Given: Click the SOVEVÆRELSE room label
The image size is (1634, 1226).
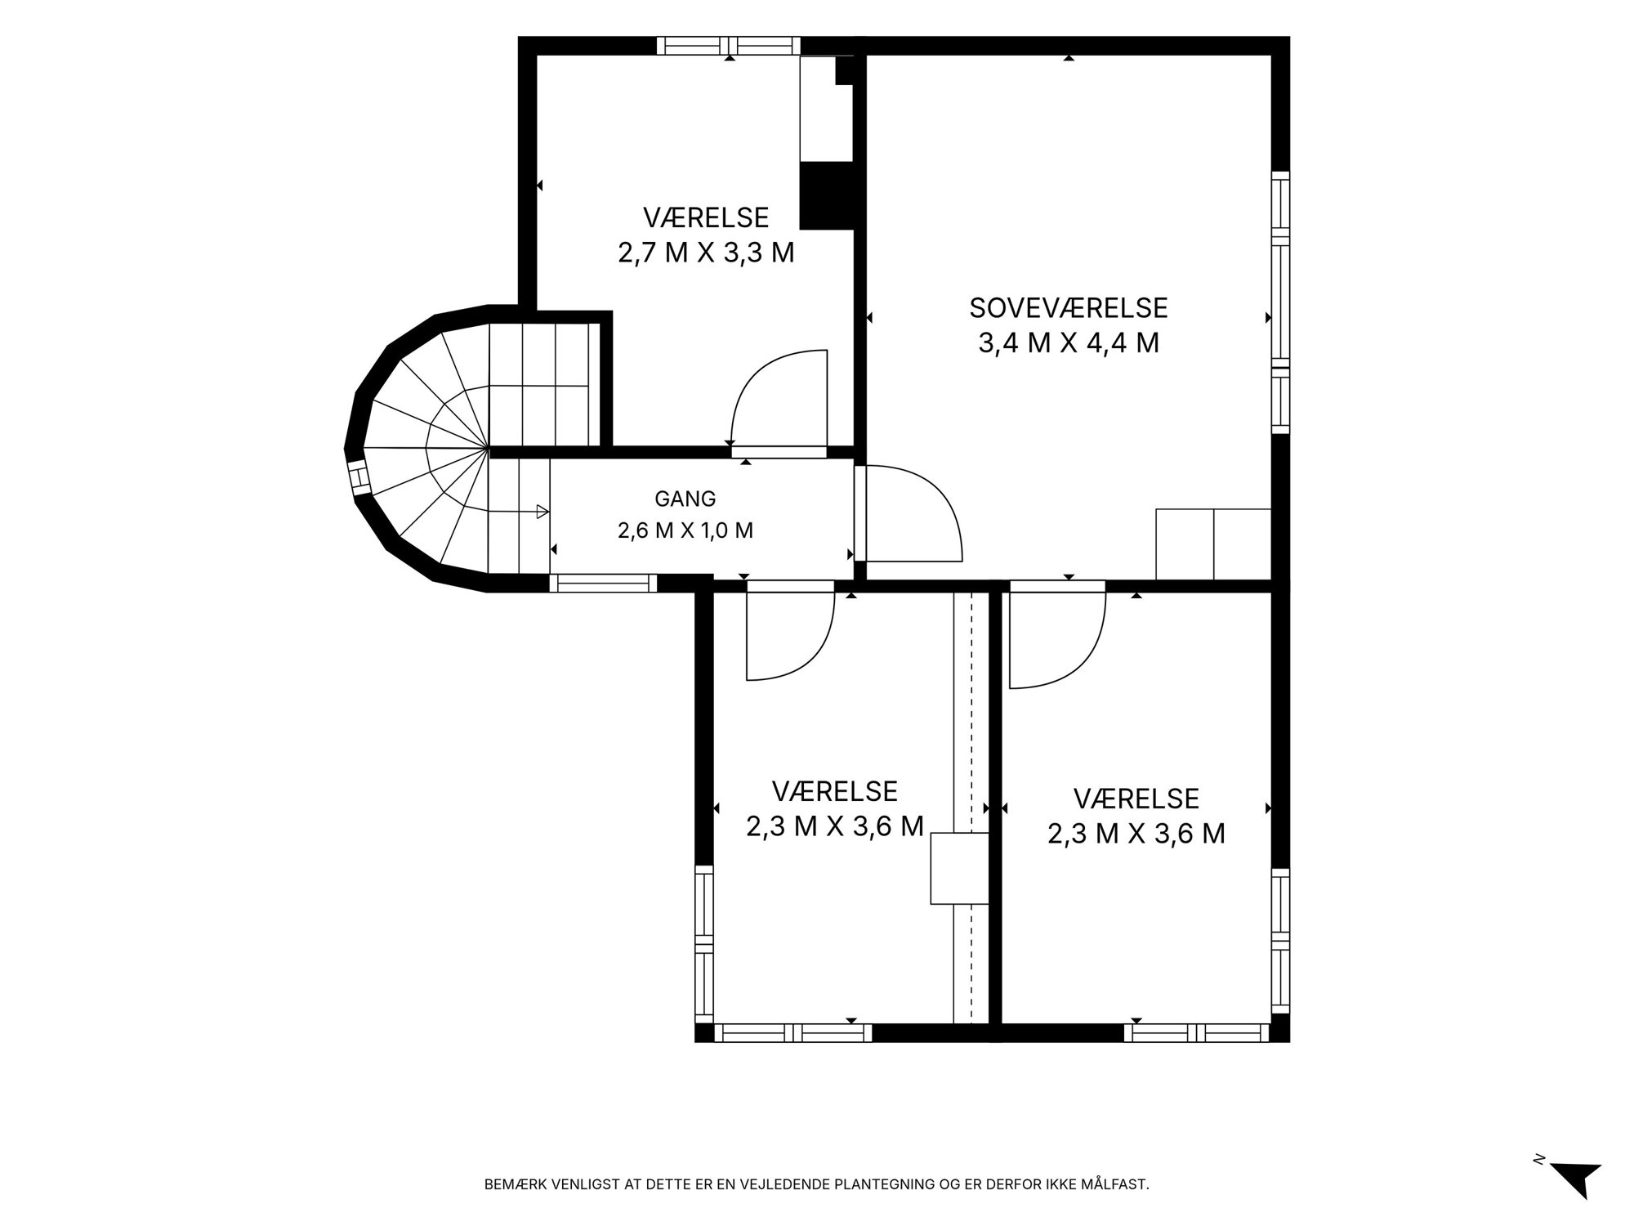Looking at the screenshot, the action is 1069,307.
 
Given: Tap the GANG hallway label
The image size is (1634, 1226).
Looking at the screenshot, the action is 685,498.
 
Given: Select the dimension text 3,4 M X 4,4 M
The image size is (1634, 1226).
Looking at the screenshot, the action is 1069,343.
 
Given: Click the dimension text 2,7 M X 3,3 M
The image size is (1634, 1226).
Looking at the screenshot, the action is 706,253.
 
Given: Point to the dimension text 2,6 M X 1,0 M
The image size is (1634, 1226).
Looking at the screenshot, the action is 685,530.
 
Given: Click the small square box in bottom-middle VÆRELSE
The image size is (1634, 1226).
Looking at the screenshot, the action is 960,868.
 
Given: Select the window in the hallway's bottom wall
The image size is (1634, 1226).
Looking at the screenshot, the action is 603,583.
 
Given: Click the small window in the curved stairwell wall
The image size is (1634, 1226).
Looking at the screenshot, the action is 357,478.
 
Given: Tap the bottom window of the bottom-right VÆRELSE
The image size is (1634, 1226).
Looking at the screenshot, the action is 1198,1033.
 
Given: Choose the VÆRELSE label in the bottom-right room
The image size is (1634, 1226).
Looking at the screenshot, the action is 1136,798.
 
